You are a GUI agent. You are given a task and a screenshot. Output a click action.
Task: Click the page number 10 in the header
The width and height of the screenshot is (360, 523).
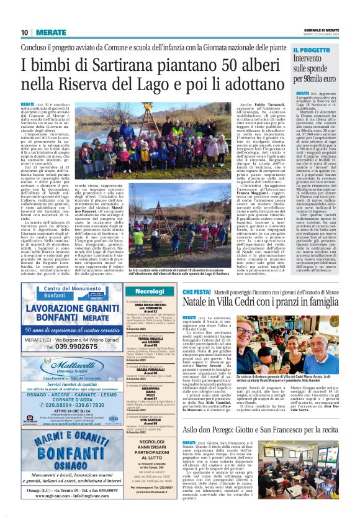[x=25, y=32]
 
